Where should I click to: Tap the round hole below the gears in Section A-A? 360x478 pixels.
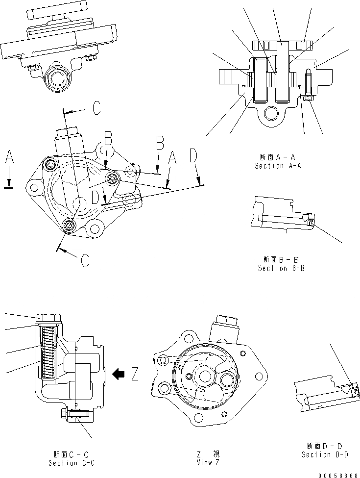[x=271, y=114]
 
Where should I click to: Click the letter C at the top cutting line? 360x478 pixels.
[x=96, y=108]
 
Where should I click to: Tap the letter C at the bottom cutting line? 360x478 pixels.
[x=85, y=260]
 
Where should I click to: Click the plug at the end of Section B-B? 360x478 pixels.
[x=311, y=221]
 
